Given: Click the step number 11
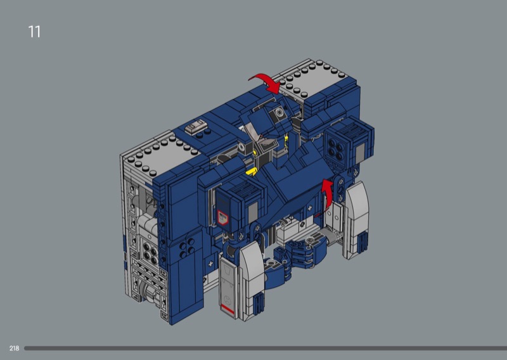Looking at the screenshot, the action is (34, 32).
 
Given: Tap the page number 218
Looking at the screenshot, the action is (14, 349).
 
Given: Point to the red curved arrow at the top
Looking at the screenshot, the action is (267, 82).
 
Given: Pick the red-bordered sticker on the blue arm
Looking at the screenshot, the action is (222, 217).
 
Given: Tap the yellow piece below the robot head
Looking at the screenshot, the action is (251, 171).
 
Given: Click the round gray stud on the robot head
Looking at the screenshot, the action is (278, 113).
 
